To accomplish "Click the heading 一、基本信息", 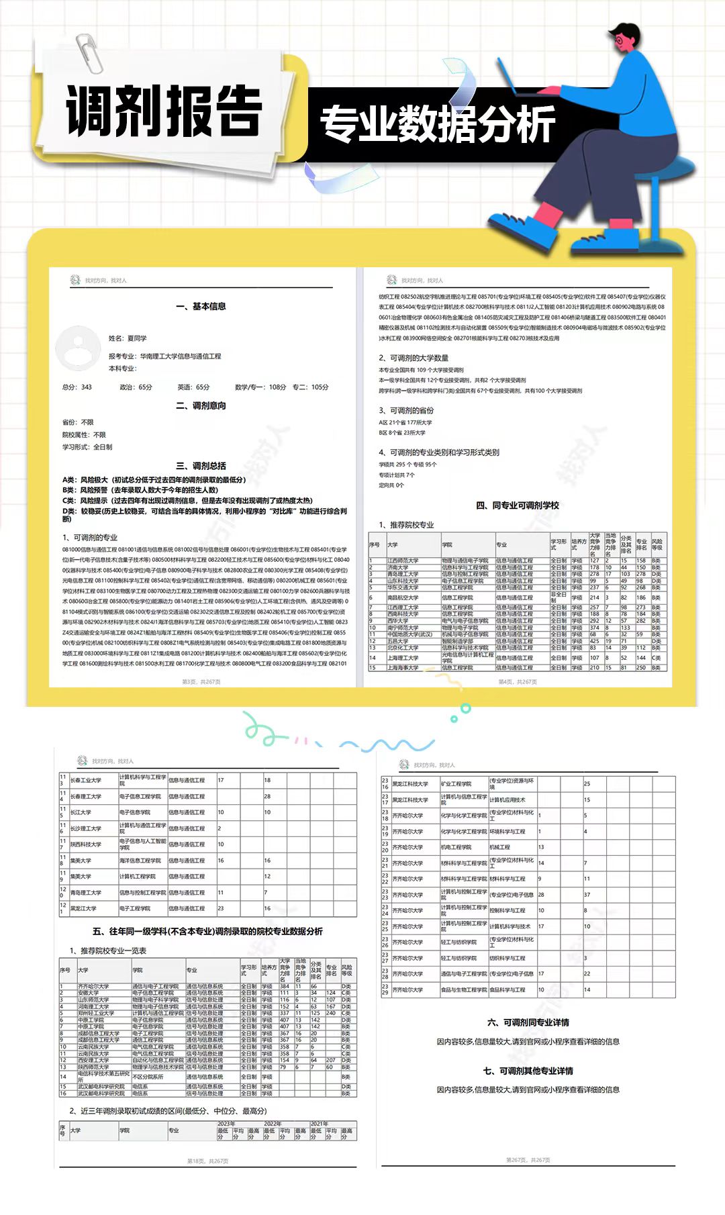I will click(x=201, y=306).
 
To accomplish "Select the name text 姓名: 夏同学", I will click(x=128, y=338).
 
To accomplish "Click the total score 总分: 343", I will click(x=77, y=387).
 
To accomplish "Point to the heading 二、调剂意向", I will click(x=201, y=405).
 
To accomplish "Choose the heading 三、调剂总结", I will click(x=201, y=465).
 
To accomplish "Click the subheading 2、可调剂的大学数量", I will click(x=414, y=358).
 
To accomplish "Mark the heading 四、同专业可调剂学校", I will click(x=517, y=505).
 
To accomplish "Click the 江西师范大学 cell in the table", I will click(x=403, y=561).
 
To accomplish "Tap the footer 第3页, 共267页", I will click(x=201, y=681).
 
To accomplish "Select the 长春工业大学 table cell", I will click(x=86, y=780).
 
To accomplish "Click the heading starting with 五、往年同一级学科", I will click(x=207, y=931).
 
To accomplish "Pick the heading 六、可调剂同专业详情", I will click(x=528, y=1022).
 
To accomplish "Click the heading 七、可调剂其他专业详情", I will click(x=528, y=1071).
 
